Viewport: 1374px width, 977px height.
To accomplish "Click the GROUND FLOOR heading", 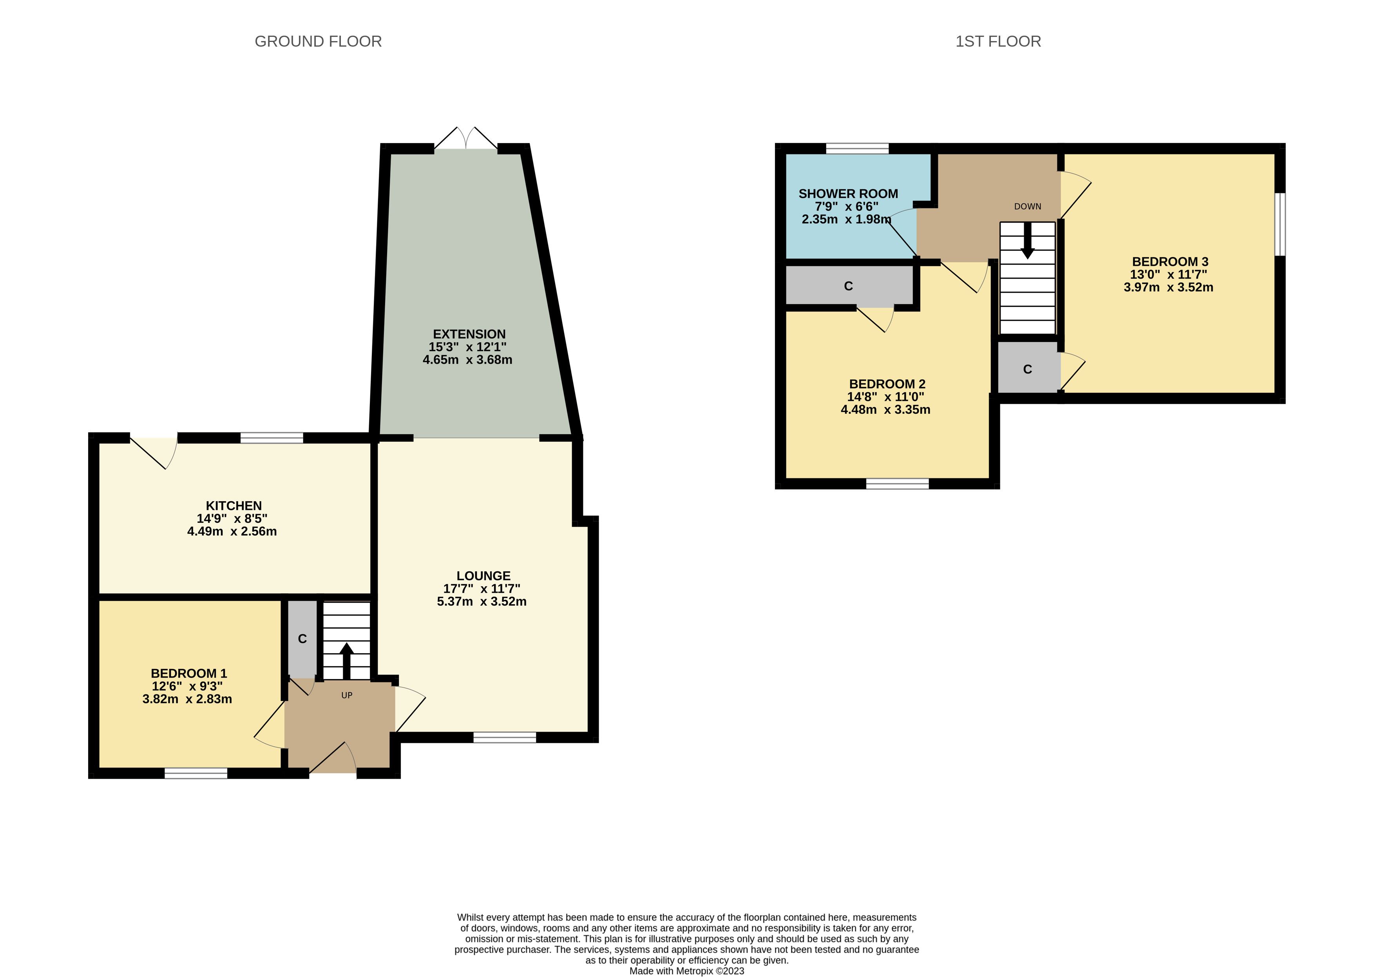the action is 318,42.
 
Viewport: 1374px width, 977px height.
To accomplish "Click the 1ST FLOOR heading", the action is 998,42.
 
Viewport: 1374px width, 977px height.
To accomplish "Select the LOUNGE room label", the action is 483,576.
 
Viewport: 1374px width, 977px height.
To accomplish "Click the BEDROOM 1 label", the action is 189,673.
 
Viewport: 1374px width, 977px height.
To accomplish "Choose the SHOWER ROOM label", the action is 849,194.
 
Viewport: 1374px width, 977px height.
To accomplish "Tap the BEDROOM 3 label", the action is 1170,262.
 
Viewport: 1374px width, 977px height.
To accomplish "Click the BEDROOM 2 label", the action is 887,384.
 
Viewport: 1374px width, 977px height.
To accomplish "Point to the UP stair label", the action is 347,696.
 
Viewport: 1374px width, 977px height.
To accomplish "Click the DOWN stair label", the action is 1028,207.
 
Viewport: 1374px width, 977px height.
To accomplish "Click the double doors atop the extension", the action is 466,138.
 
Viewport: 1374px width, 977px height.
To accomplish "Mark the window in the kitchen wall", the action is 272,438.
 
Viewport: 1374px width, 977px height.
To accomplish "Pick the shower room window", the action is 858,149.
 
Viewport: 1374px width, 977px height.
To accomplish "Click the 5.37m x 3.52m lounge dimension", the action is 482,602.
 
